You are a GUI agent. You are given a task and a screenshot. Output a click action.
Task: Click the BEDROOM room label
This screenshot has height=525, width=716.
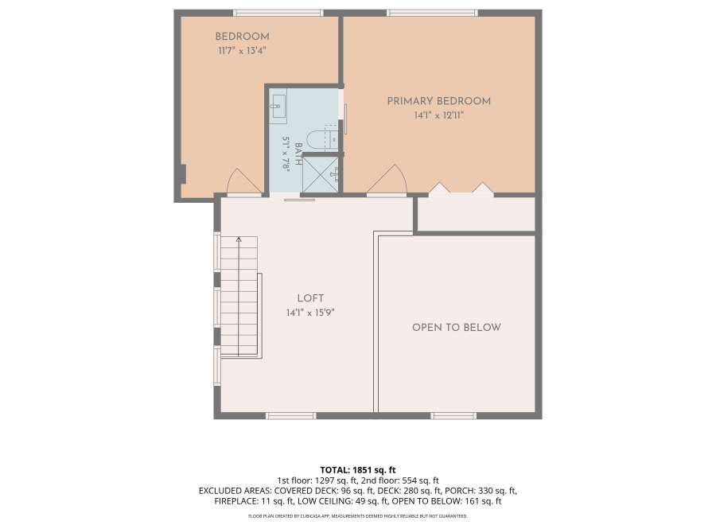[x=242, y=37]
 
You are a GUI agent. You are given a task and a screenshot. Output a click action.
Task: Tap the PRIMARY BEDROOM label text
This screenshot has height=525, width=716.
[x=439, y=101]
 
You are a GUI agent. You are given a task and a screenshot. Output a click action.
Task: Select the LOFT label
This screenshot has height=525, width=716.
[x=310, y=298]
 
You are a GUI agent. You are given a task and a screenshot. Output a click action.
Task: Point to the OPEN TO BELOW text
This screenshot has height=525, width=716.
[x=457, y=327]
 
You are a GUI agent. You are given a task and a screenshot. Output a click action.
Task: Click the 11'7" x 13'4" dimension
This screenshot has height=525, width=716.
[x=242, y=51]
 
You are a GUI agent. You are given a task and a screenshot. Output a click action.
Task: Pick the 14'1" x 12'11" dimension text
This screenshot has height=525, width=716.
[x=439, y=115]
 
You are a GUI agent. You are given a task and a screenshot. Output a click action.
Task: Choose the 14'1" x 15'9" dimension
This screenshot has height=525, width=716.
[x=310, y=313]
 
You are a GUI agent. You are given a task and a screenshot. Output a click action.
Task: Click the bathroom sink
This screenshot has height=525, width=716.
[x=277, y=109]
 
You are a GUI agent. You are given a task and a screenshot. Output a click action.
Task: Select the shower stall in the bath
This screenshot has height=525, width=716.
[x=321, y=175]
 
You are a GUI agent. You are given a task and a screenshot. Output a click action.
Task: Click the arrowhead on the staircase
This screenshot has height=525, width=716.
[x=239, y=239]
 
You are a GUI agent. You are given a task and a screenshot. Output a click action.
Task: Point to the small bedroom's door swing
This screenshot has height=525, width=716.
[x=244, y=181]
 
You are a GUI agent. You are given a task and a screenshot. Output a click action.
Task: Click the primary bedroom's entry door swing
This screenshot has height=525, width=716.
[x=387, y=180]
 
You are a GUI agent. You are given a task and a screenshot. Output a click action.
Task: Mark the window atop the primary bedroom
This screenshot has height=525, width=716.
[x=432, y=13]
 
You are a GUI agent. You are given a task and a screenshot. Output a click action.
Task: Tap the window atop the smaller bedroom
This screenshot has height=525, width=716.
[x=278, y=13]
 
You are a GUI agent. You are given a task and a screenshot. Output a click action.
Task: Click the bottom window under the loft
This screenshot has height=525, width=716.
[x=291, y=416]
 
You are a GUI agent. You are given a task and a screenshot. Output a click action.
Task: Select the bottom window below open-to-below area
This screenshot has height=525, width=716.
[x=453, y=416]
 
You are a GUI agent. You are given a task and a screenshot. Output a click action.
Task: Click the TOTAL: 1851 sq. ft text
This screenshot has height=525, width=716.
[x=357, y=470]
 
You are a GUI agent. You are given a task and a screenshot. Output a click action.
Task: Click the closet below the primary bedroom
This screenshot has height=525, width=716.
[x=477, y=214]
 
